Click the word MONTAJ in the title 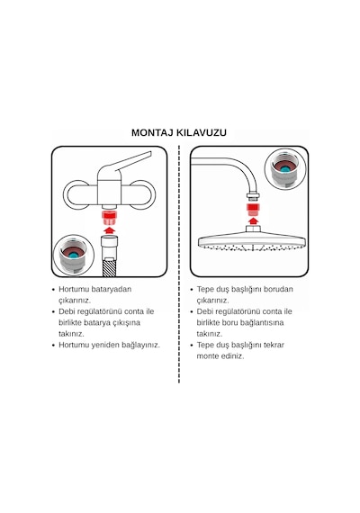click(x=152, y=133)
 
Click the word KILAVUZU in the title click(x=202, y=133)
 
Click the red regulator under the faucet click(x=110, y=217)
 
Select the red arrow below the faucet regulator click(x=110, y=229)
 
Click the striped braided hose click(x=109, y=267)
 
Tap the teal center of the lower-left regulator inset click(x=74, y=254)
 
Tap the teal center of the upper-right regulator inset click(x=285, y=168)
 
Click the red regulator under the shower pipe click(x=252, y=210)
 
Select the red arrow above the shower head click(x=252, y=221)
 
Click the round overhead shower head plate click(x=252, y=241)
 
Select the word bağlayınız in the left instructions click(x=141, y=346)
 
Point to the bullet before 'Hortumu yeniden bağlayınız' click(x=54, y=346)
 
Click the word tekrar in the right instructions click(x=274, y=345)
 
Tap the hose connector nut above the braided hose click(x=109, y=247)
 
